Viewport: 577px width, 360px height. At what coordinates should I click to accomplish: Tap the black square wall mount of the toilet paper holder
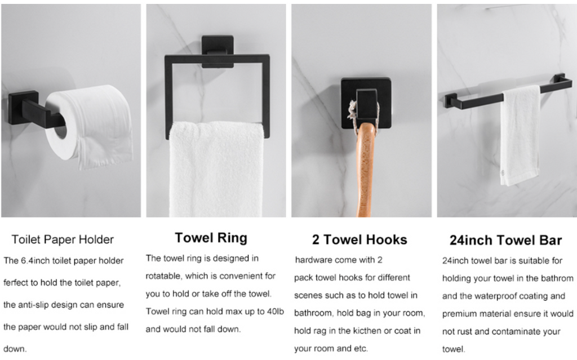tap(23, 108)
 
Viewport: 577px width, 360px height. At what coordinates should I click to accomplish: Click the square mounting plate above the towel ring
tap(218, 51)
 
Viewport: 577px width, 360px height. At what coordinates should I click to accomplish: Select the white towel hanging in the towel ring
tap(216, 170)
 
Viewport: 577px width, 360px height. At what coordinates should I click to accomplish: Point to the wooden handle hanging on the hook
tap(366, 170)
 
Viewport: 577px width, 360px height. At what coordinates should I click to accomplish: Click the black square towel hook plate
tap(366, 103)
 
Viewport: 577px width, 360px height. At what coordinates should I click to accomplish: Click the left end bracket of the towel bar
tap(451, 100)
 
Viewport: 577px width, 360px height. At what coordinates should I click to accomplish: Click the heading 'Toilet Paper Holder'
tap(63, 239)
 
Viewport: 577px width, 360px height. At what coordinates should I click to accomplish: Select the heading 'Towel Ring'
tap(211, 238)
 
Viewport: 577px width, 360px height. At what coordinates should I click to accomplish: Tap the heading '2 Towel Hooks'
tap(359, 239)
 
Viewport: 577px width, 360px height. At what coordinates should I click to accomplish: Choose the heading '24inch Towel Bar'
tap(505, 241)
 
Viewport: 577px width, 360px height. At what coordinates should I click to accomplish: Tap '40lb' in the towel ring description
tap(275, 312)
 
